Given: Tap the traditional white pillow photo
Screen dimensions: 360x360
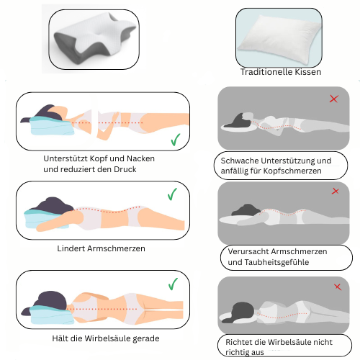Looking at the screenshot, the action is [x=279, y=37].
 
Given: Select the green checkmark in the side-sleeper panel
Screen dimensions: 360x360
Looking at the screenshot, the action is [x=176, y=140].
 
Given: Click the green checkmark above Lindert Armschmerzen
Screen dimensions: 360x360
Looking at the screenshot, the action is [x=172, y=194].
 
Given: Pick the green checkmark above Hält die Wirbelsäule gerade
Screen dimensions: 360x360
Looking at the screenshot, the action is [x=173, y=284].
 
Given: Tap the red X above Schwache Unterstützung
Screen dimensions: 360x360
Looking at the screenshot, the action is [x=334, y=99].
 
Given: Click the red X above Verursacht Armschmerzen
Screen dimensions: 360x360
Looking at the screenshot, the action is [x=336, y=191].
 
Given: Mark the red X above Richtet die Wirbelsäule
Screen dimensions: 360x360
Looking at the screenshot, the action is [x=338, y=287].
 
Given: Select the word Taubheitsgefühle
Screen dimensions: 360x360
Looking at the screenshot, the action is [x=276, y=262].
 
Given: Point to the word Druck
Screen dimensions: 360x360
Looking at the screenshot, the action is [x=125, y=169].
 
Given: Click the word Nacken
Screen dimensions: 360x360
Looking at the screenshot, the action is [x=140, y=158].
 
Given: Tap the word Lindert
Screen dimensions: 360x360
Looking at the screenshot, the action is [x=71, y=248].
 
